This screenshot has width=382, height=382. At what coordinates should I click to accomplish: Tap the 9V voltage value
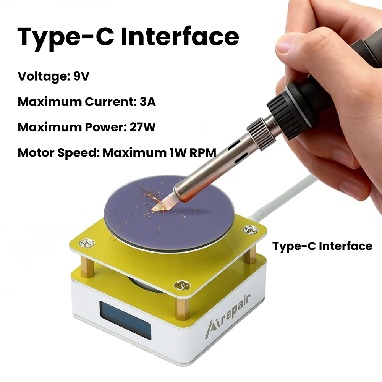[x=81, y=76]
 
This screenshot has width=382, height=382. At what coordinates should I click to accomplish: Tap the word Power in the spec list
[x=101, y=127]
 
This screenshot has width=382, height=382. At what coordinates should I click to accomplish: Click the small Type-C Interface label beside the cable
[x=322, y=246]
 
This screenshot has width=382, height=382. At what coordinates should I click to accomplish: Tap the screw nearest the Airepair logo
[x=183, y=285]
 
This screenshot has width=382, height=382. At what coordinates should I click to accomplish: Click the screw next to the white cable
[x=251, y=230]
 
